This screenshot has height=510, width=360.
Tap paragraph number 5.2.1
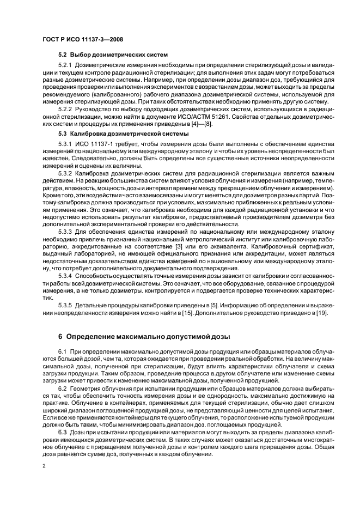pyautogui.click(x=66, y=65)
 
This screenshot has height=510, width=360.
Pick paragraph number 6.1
pyautogui.click(x=62, y=354)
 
